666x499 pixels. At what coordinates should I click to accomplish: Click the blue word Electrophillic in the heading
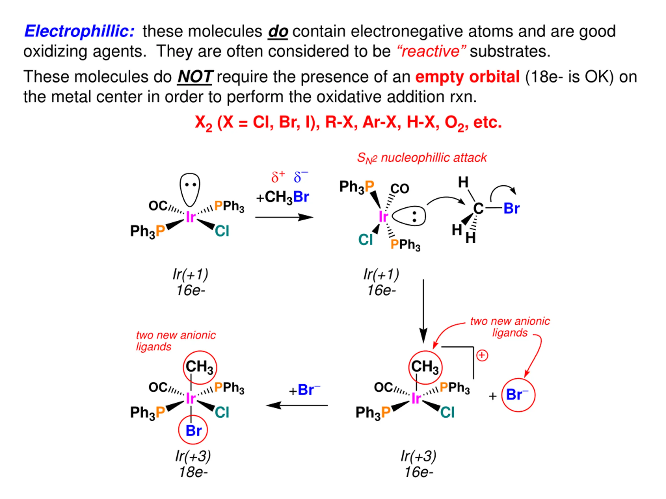point(79,31)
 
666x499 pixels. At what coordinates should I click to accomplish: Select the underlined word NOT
point(195,77)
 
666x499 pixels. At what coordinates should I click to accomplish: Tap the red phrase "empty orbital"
point(467,77)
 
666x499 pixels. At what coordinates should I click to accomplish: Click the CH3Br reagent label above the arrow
point(283,197)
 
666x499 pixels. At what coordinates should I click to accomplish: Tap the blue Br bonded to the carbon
point(511,208)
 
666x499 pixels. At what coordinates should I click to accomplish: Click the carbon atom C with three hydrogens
point(478,208)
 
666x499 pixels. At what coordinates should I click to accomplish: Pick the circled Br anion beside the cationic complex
point(518,395)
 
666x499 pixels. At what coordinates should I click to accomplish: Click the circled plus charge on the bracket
point(482,355)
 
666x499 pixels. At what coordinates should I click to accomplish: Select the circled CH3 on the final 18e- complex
point(200,367)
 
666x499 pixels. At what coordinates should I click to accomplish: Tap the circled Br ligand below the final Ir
point(193,430)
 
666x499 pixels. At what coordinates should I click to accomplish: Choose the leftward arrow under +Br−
point(297,405)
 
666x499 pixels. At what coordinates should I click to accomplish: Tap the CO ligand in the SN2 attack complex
point(400,189)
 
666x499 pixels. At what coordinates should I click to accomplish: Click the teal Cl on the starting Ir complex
point(222,231)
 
